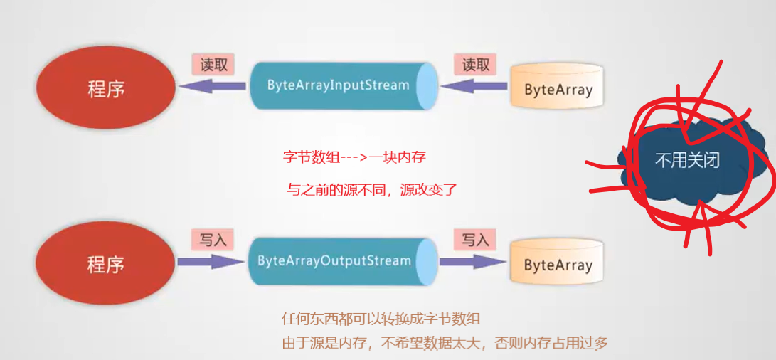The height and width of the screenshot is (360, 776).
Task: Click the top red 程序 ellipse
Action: (x=106, y=88)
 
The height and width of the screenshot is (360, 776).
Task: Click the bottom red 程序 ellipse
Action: (x=106, y=265)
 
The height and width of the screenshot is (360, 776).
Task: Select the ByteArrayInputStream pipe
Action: (x=339, y=85)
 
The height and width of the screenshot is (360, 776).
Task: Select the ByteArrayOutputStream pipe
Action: (x=339, y=261)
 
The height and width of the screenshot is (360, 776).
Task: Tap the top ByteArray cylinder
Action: (x=558, y=90)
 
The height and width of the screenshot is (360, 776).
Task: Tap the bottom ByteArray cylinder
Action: (x=558, y=265)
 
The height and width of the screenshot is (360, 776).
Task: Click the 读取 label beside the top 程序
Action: (x=213, y=65)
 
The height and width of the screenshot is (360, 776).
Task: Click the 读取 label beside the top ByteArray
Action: (x=476, y=65)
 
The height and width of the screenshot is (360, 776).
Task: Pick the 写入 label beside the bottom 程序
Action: (x=213, y=240)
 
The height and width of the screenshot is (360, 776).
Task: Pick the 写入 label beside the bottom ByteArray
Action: (x=476, y=240)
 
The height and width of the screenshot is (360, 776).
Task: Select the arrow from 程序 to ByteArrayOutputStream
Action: (x=211, y=262)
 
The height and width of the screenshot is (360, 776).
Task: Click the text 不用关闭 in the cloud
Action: (x=686, y=159)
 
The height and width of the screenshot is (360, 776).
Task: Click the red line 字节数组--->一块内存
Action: (x=354, y=157)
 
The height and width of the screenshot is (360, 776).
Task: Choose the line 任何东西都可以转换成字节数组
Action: (x=386, y=318)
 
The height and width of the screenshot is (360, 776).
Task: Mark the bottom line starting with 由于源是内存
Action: (x=445, y=344)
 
